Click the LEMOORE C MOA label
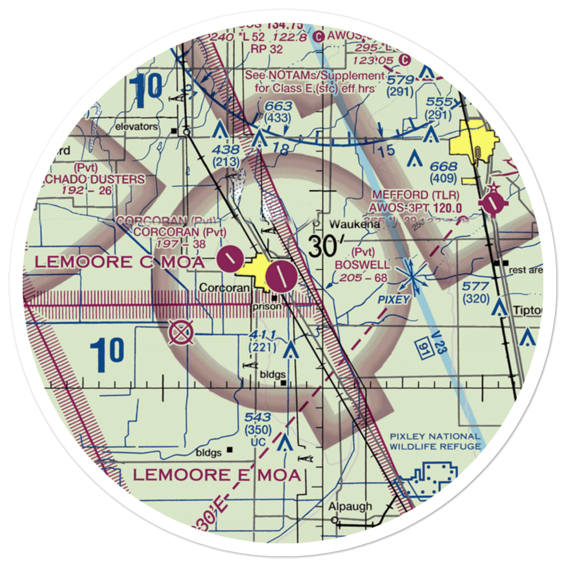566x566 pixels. [x=121, y=262]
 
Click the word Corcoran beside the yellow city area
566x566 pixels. [x=224, y=288]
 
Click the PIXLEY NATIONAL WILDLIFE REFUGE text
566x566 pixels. [x=435, y=441]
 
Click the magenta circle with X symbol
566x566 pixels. [x=181, y=332]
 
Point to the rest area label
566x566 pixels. [x=525, y=270]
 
